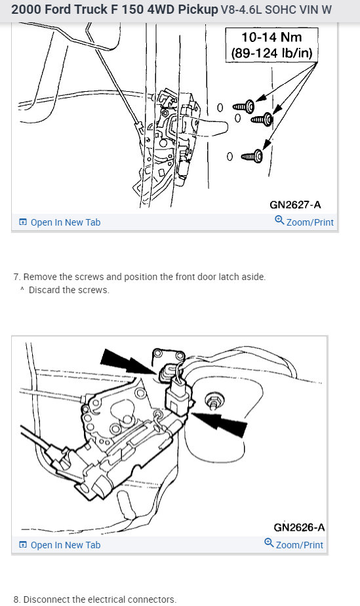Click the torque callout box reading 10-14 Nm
[272, 45]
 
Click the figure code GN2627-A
[295, 205]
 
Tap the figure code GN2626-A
[299, 527]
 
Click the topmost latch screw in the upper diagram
[244, 106]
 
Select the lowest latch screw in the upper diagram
[252, 156]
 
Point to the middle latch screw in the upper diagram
[262, 119]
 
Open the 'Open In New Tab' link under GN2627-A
[60, 222]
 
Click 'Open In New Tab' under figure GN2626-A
[60, 545]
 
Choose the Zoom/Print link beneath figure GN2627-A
[304, 222]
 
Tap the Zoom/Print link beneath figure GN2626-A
[294, 544]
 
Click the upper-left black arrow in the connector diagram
[127, 362]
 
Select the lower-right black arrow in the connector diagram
[220, 424]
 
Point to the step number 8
[16, 599]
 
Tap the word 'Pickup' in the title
[198, 10]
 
